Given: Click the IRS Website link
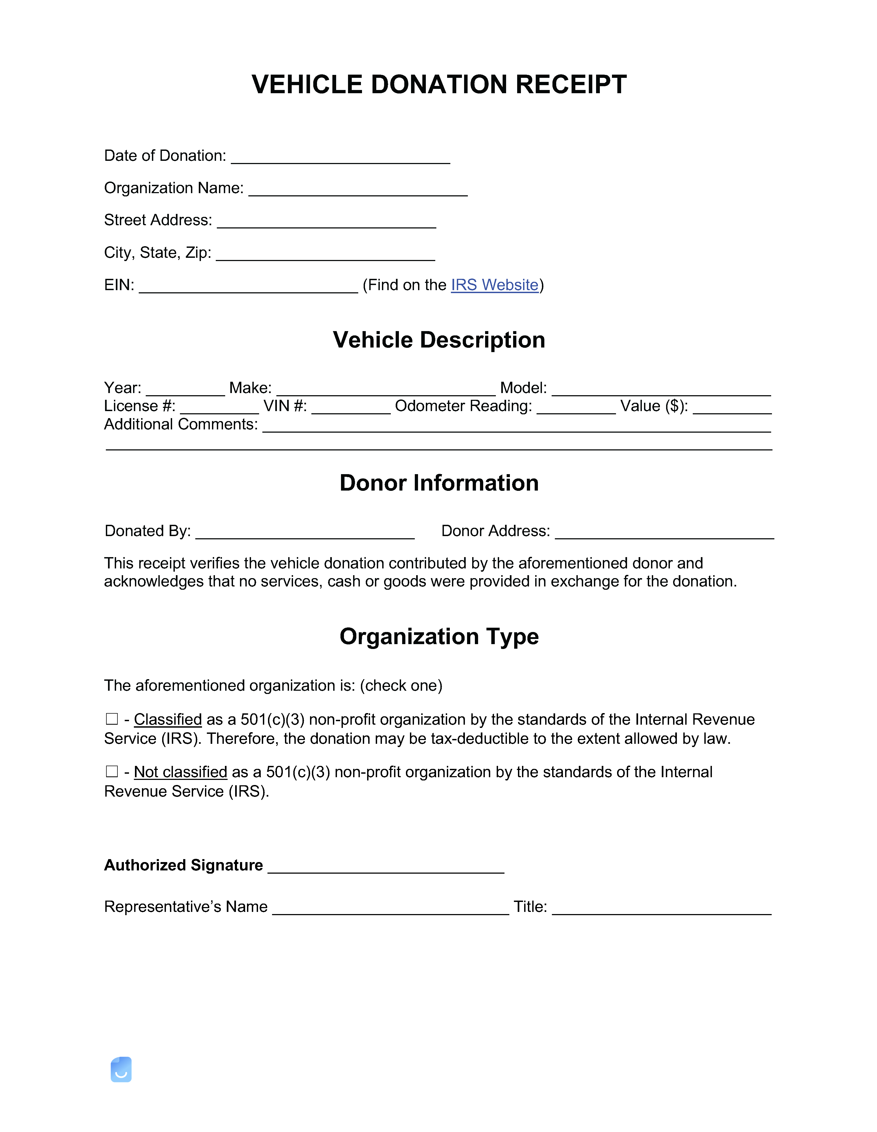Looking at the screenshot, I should [x=495, y=285].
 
